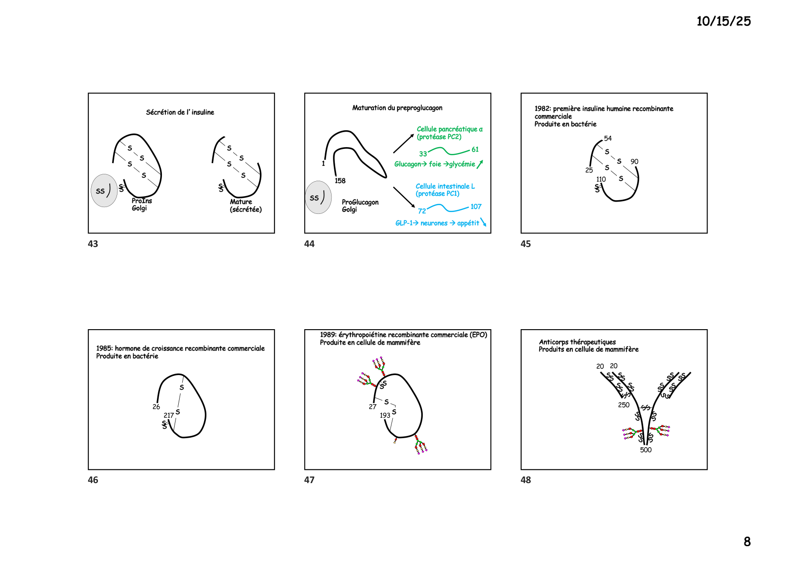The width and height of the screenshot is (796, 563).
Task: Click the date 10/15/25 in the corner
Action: (723, 21)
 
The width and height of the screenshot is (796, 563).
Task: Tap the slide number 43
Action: (93, 244)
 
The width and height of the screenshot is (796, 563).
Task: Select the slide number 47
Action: (309, 480)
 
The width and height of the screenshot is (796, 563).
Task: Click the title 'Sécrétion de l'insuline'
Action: (180, 112)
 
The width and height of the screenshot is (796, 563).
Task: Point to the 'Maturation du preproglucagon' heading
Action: (397, 108)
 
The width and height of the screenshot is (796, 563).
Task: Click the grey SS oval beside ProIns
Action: (104, 191)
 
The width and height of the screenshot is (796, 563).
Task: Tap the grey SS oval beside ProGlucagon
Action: (318, 198)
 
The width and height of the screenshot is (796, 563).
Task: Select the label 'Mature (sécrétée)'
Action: (246, 206)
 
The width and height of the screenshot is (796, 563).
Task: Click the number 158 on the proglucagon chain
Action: (340, 181)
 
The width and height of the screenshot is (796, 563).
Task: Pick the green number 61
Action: (475, 149)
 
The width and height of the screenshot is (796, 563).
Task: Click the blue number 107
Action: (476, 207)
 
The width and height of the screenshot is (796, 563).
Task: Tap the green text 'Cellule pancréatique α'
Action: (449, 129)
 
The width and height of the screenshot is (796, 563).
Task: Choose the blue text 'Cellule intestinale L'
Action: (445, 186)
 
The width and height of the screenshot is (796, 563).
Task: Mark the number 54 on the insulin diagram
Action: (608, 138)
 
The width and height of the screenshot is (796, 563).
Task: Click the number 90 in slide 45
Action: (635, 162)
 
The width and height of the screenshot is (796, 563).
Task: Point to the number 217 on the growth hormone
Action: (169, 415)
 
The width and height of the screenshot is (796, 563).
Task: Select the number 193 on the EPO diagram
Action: (385, 415)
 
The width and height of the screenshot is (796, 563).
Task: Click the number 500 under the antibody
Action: (646, 450)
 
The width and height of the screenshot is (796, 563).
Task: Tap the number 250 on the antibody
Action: (624, 405)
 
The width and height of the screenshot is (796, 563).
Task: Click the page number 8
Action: (747, 542)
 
